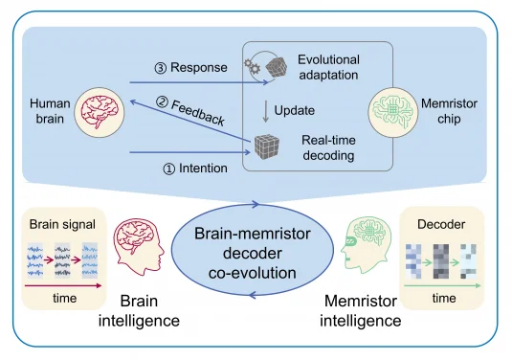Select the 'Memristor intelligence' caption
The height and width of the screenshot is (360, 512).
(x=360, y=309)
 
